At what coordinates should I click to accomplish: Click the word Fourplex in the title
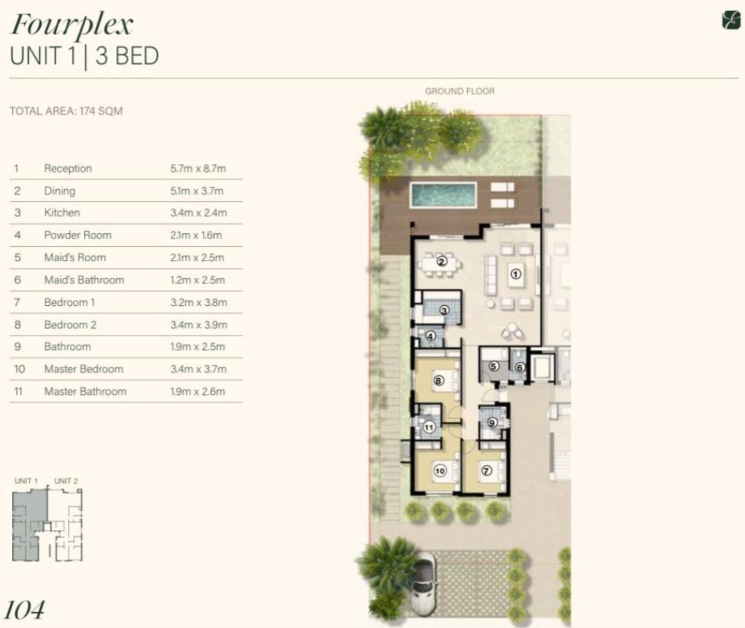coord(71,25)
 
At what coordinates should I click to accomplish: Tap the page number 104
coord(25,610)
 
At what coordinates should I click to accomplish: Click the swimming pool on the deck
coord(443,194)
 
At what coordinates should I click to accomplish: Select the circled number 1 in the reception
coord(516,273)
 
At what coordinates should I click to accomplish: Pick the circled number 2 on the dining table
coord(442,260)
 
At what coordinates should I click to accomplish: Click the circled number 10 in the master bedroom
coord(440,471)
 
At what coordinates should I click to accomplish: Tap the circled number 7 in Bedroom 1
coord(487,471)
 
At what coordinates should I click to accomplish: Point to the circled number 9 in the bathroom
coord(492,422)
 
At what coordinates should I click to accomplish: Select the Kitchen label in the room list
coord(62,213)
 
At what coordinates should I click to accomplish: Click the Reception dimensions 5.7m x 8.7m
coord(198,169)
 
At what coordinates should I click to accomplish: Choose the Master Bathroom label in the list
coord(85,391)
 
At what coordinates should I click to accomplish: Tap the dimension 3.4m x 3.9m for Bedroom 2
coord(199,325)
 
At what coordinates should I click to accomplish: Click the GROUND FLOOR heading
coord(460,91)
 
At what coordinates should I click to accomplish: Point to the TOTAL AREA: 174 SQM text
coord(66,111)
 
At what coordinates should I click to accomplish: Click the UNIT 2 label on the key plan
coord(66,481)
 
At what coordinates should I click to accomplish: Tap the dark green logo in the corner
coord(731,21)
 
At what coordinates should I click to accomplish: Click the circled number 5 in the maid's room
coord(494,366)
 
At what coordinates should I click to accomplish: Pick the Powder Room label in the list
coord(77,235)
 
